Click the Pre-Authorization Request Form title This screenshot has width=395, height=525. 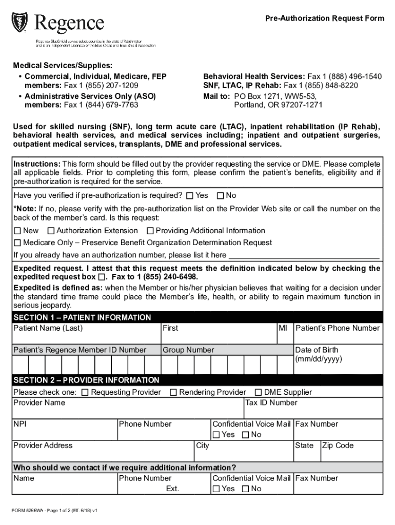point(324,18)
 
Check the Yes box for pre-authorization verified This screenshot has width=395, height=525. point(190,196)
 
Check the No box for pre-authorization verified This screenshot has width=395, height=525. point(221,196)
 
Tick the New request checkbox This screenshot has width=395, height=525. point(17,231)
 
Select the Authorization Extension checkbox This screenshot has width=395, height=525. point(51,231)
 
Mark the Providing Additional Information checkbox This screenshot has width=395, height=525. point(150,231)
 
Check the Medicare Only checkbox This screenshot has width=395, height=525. point(17,243)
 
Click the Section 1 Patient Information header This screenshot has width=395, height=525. point(82,317)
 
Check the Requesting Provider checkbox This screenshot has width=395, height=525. point(85,393)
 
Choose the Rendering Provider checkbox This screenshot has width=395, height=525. point(173,393)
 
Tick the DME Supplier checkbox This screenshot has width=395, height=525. point(259,393)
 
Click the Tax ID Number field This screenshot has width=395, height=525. point(313,411)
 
